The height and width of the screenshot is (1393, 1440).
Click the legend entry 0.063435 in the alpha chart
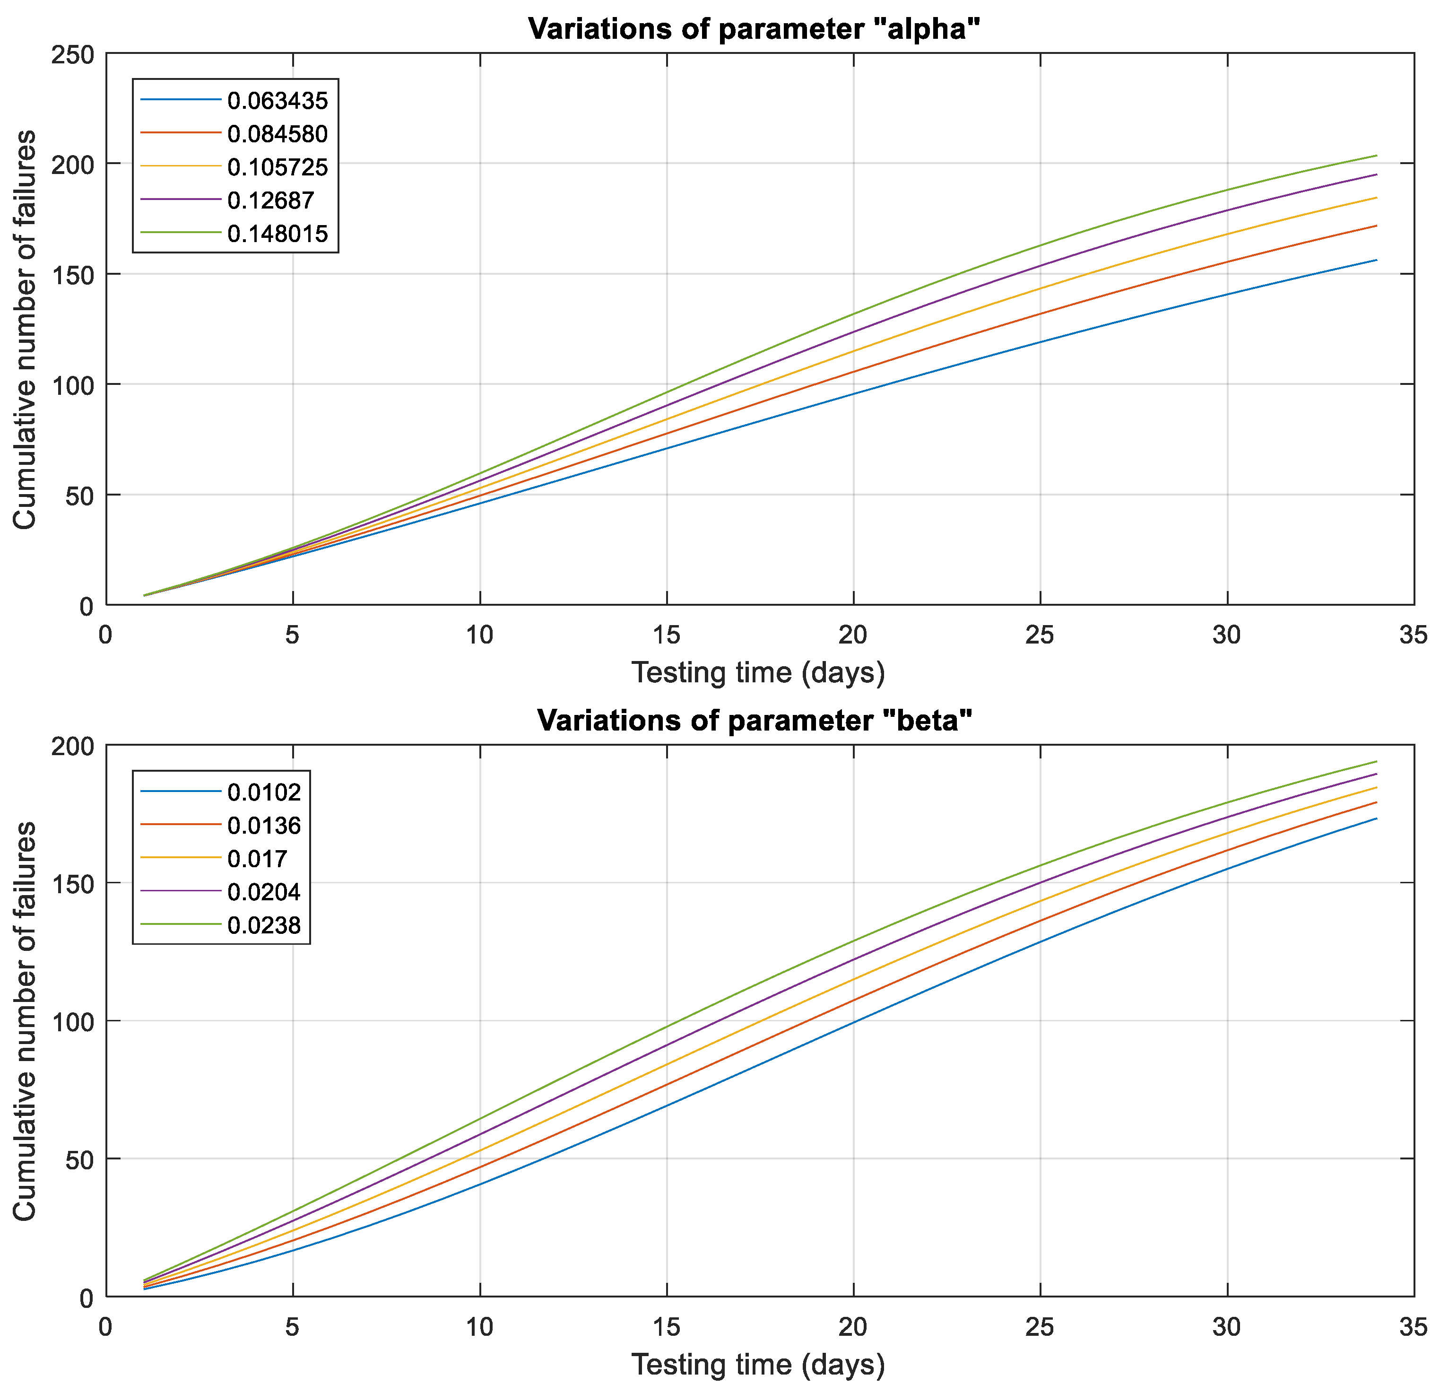pos(277,101)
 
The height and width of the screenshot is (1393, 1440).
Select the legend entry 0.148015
pos(277,234)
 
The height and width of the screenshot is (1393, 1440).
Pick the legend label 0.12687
pos(270,200)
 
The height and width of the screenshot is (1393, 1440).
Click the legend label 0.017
pos(257,859)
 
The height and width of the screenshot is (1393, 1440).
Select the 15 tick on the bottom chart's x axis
pos(667,1327)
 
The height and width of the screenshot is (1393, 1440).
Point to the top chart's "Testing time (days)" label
pos(758,673)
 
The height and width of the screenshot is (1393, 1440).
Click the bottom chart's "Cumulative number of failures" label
pos(25,1021)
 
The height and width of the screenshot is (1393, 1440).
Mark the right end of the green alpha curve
pos(1376,156)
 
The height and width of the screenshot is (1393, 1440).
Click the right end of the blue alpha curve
pos(1376,260)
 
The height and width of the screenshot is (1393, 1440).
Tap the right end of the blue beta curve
pos(1376,818)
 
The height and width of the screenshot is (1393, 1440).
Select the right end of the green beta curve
pos(1376,761)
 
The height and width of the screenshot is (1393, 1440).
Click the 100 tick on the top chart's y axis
pos(73,385)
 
